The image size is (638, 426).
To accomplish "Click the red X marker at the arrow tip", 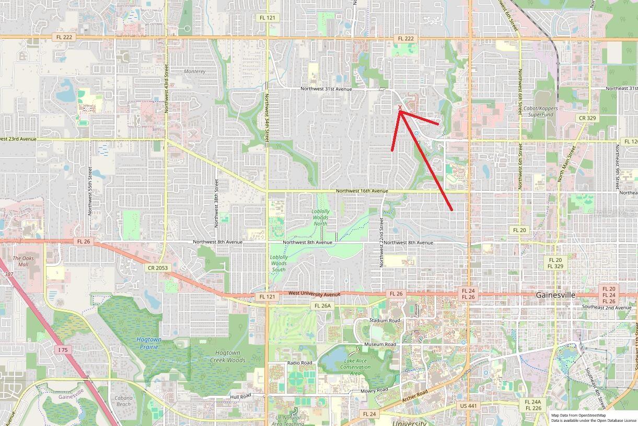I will [400, 108].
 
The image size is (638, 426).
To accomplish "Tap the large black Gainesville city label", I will [555, 295].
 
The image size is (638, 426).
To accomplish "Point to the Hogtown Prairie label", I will [149, 343].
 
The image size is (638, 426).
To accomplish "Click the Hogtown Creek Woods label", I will [227, 356].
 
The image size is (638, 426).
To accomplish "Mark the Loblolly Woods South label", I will [279, 260].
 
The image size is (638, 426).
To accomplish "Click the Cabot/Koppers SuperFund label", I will [541, 111].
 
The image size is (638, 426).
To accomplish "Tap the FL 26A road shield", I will [322, 306].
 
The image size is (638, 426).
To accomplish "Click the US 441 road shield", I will [469, 406].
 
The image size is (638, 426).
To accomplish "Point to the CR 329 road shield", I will [587, 118].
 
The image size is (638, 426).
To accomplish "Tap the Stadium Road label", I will [385, 320].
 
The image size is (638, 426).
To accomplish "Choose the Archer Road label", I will [415, 396].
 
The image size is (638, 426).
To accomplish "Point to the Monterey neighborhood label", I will [194, 71].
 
